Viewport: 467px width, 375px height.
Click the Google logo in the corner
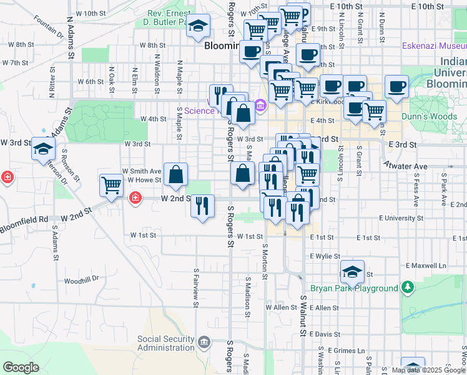point(21,367)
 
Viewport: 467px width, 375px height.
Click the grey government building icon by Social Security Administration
point(204,342)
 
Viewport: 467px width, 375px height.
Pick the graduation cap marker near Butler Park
point(199,26)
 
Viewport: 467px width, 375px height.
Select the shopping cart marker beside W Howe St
point(111,186)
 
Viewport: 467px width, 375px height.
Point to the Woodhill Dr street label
point(81,279)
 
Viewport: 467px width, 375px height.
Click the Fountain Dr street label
point(49,31)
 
